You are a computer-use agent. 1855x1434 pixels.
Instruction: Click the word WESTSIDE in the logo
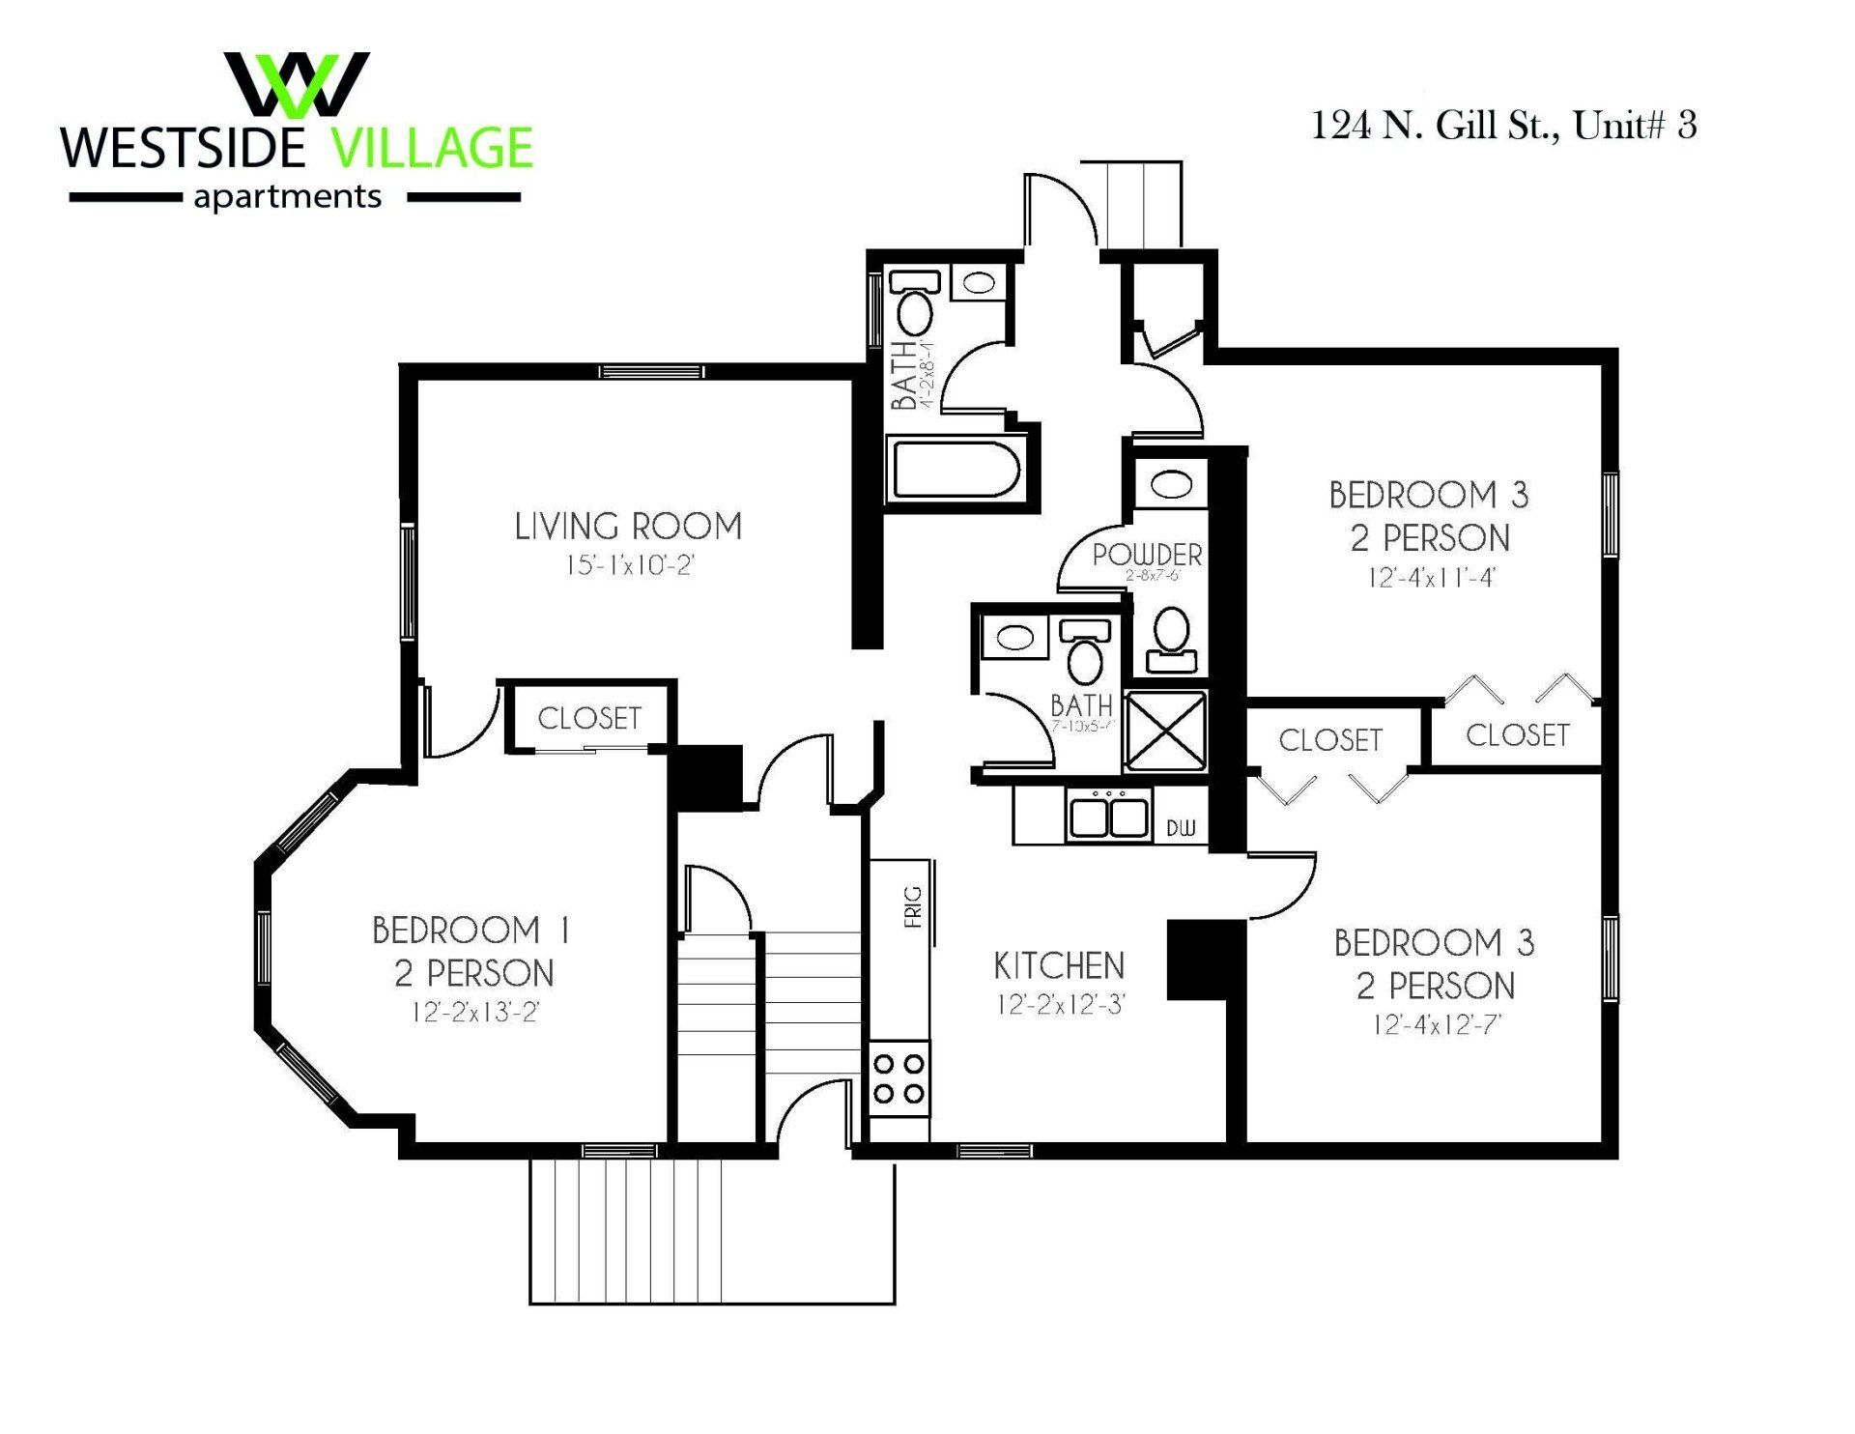click(x=184, y=148)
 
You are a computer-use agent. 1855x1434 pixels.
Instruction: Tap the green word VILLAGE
click(x=431, y=148)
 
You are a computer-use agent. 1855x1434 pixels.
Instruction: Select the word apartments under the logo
click(x=288, y=197)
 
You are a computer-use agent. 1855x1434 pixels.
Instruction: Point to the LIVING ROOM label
click(x=628, y=527)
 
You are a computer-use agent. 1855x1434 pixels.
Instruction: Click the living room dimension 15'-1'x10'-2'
click(x=630, y=565)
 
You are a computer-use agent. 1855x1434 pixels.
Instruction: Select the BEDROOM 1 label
click(x=471, y=931)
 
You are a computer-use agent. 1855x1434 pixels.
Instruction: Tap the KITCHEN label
click(x=1059, y=965)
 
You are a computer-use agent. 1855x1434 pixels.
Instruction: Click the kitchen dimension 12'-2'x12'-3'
click(x=1061, y=1005)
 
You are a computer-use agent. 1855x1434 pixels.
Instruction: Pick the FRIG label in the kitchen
click(x=913, y=906)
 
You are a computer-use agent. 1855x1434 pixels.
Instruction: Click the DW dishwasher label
click(x=1181, y=828)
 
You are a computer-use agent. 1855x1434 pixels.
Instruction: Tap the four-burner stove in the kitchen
click(x=899, y=1079)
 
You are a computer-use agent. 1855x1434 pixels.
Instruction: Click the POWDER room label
click(x=1148, y=556)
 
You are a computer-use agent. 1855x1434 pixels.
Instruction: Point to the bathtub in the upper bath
click(x=955, y=469)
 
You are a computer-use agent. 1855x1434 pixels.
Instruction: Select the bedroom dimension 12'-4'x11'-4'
click(x=1432, y=578)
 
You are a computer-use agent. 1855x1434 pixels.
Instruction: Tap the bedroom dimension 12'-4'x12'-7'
click(x=1437, y=1024)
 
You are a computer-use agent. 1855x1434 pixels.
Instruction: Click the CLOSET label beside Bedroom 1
click(x=589, y=718)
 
